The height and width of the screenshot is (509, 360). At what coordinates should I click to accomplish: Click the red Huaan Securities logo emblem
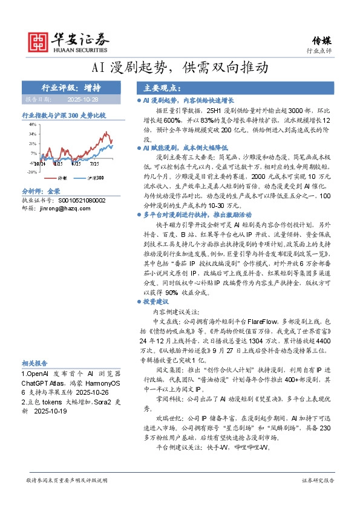click(39, 41)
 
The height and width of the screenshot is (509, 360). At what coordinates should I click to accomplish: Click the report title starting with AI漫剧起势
click(180, 68)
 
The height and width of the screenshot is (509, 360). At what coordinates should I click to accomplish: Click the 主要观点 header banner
click(156, 88)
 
